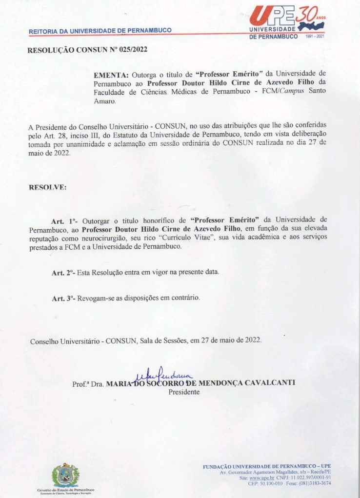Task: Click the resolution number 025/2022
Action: click(129, 49)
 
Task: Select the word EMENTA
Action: click(111, 75)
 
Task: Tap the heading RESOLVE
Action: click(48, 187)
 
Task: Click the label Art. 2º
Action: click(63, 272)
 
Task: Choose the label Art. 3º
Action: click(63, 298)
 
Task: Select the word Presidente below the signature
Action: click(184, 391)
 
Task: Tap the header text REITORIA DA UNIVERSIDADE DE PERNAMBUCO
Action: click(100, 31)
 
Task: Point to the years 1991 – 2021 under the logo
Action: click(314, 37)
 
